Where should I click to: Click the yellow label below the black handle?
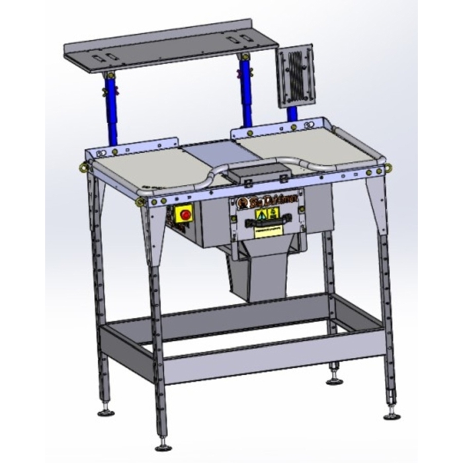267,233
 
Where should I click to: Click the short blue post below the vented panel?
292,113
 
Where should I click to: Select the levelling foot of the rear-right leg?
333,381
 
